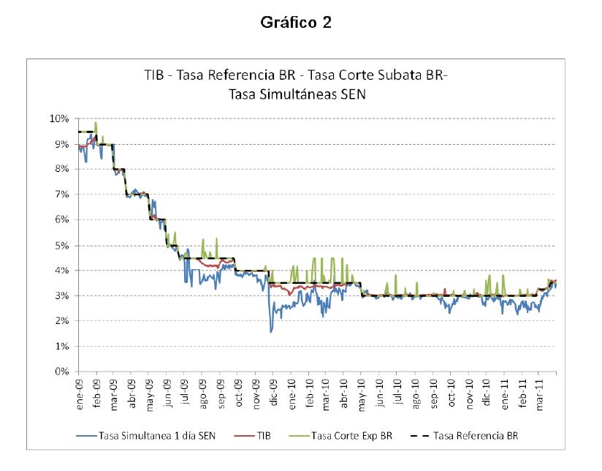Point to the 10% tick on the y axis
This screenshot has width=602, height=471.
60,118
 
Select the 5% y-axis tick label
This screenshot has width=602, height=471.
62,245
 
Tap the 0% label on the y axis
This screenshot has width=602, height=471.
62,372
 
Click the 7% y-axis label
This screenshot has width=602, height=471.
62,195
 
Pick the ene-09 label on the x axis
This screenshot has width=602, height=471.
78,389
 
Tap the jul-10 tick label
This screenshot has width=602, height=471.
398,389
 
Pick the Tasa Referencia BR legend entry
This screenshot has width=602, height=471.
476,436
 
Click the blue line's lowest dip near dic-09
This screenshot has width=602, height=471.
271,332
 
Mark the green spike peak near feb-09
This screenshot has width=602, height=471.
96,123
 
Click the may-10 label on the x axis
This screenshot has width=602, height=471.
363,389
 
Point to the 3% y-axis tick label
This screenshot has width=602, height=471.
62,295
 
